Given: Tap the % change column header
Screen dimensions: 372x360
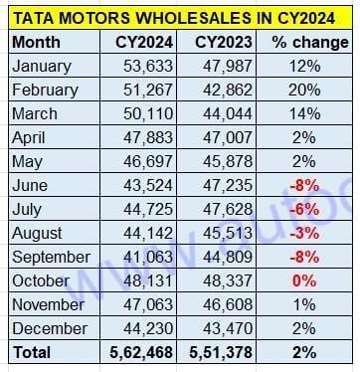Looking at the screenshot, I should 295,43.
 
